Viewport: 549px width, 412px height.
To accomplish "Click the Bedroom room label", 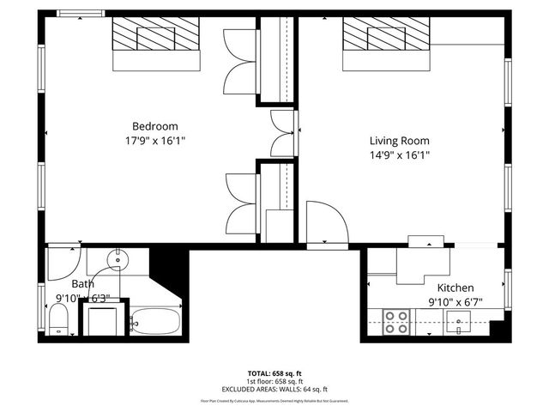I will tap(154, 125).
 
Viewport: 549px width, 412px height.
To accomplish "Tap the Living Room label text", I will tap(399, 141).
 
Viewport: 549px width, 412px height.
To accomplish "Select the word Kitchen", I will tap(455, 288).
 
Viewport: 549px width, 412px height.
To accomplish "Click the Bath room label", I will tap(83, 284).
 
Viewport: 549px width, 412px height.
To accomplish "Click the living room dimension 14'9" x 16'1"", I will tap(399, 155).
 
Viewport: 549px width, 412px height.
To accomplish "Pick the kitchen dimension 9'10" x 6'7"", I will tap(455, 302).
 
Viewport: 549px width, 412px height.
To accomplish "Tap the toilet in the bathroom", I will tap(58, 322).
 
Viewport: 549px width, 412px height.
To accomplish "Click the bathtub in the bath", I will tap(157, 322).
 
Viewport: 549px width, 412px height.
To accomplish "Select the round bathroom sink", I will tap(119, 258).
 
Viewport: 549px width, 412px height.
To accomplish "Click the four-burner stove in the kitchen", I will tap(395, 322).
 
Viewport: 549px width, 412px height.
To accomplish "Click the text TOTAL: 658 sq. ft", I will tap(274, 373).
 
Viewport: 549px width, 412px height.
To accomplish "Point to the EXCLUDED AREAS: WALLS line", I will tap(274, 388).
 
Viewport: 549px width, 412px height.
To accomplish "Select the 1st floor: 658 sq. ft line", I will tap(274, 381).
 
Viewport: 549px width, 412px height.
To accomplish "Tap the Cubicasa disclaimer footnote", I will tap(274, 401).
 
